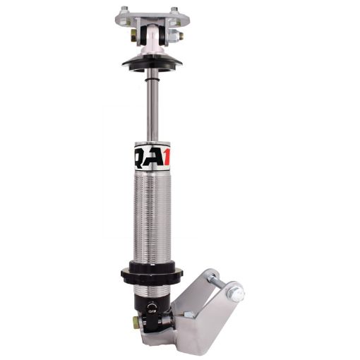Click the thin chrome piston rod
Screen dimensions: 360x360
150,106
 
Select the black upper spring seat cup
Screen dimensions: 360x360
150,61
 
